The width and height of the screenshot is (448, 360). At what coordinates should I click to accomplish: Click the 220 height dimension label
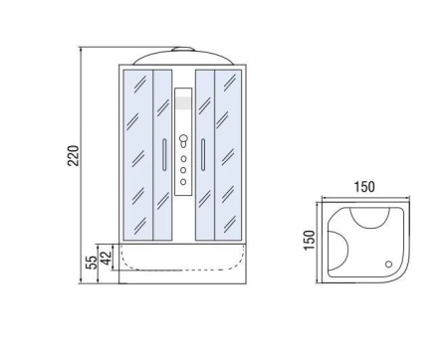[x=74, y=155]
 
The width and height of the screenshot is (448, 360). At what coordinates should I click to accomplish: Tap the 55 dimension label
[x=92, y=263]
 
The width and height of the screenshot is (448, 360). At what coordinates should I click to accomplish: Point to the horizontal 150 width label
[x=364, y=187]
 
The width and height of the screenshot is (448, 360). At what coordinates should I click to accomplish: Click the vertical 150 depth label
[x=309, y=240]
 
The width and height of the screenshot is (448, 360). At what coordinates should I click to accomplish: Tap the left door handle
[x=164, y=155]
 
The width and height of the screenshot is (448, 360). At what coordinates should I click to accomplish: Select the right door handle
[x=203, y=155]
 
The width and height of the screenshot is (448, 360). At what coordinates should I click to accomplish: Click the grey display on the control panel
[x=183, y=102]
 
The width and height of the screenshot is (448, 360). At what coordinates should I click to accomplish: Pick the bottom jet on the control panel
[x=183, y=182]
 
